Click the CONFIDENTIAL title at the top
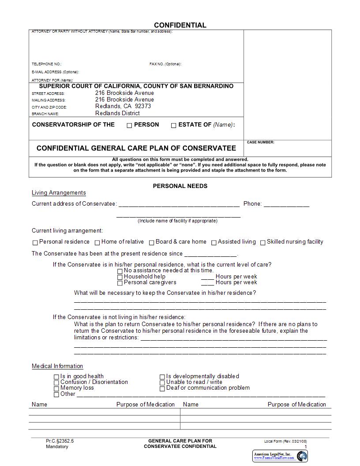pos(180,25)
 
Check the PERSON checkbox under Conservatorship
pos(129,125)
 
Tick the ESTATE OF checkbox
pos(173,125)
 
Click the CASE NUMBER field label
pos(260,143)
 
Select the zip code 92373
pos(143,106)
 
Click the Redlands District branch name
pos(117,113)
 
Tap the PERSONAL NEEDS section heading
pos(180,186)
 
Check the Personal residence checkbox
pos(35,242)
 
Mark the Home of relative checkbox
pos(97,242)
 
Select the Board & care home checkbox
pos(151,242)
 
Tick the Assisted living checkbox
pos(214,242)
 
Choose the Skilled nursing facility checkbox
pos(262,242)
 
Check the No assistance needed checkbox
pos(120,271)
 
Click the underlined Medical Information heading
pos(57,366)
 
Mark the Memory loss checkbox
pos(56,389)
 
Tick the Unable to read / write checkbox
pos(162,383)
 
